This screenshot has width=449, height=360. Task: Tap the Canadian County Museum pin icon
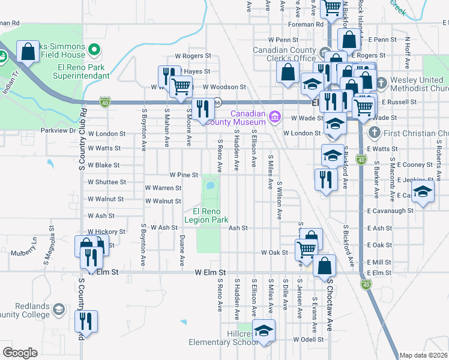pos(275,115)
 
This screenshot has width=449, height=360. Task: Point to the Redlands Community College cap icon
pos(59,308)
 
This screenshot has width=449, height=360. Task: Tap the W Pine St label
pos(184,175)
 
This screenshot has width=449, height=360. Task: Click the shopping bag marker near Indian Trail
pos(28,52)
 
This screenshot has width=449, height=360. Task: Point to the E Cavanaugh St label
pos(390,211)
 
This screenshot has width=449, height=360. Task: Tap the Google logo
pos(20,353)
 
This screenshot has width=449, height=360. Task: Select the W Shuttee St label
pos(107,182)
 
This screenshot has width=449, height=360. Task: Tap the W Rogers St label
pos(193,56)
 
